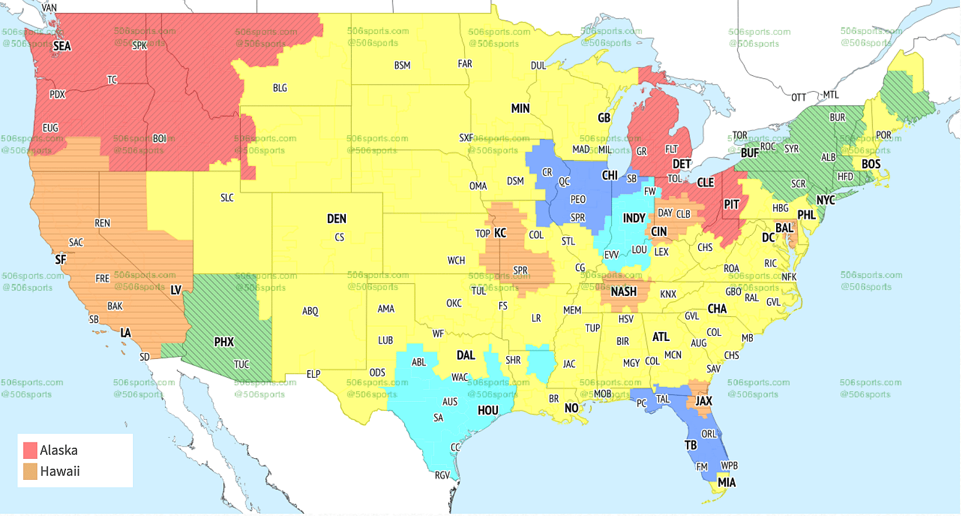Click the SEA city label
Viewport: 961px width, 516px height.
[62, 46]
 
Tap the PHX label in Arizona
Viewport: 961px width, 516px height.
[224, 342]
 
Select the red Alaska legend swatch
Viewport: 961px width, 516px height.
[30, 450]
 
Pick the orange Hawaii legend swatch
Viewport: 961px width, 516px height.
[30, 471]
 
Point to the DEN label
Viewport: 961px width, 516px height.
[336, 219]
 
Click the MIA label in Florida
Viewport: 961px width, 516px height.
[727, 482]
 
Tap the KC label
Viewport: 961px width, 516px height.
[500, 233]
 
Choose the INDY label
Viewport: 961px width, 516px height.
[634, 218]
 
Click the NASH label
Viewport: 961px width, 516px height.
[623, 291]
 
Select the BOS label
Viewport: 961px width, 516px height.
[871, 164]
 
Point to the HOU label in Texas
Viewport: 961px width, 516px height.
[488, 410]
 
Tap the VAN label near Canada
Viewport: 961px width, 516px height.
[50, 8]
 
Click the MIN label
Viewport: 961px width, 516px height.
[520, 109]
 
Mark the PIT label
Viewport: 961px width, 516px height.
[731, 205]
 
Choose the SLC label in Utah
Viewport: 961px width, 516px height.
[227, 198]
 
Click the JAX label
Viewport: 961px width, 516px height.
[704, 401]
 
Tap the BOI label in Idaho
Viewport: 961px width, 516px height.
[159, 138]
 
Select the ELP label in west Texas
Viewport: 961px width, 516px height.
[313, 374]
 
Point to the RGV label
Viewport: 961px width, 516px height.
[442, 475]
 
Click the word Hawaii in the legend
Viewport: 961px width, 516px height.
[60, 471]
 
